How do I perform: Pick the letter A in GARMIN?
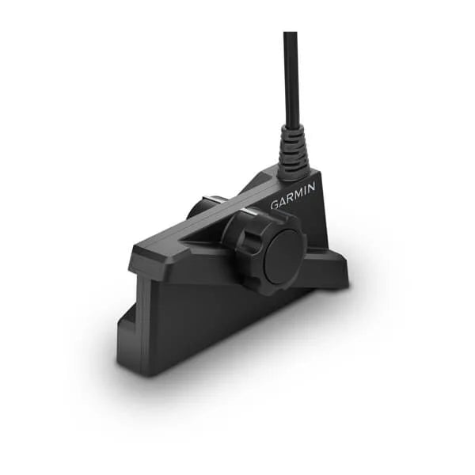pyautogui.click(x=283, y=200)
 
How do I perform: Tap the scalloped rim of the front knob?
pyautogui.click(x=237, y=237)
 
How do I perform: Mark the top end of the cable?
pyautogui.click(x=290, y=34)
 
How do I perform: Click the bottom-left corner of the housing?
pyautogui.click(x=120, y=367)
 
